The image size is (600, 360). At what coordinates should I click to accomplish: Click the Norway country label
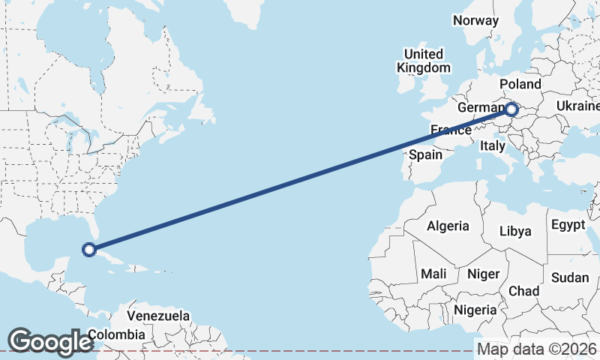[x=476, y=21]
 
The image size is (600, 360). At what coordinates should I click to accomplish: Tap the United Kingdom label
[x=424, y=61]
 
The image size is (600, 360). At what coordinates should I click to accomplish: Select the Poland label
[x=520, y=84]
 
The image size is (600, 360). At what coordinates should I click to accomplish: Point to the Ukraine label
[x=577, y=107]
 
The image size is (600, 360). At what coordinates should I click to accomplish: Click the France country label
[x=451, y=130]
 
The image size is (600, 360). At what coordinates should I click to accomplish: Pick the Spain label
[x=425, y=155]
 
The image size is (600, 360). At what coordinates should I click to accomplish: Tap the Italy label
[x=493, y=146]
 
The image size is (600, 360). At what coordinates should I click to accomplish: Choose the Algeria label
[x=448, y=226]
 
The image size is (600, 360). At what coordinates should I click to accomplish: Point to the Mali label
[x=434, y=274]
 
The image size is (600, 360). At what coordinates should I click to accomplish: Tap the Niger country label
[x=483, y=274]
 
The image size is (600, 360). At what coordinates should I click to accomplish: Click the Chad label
[x=523, y=290]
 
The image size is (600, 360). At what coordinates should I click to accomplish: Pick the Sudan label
[x=570, y=277]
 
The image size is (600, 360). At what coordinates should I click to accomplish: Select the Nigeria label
[x=476, y=309]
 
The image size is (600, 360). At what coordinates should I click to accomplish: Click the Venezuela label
[x=158, y=316]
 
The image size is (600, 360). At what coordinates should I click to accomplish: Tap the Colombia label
[x=116, y=334]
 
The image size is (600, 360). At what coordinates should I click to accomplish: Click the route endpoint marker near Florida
[x=88, y=250]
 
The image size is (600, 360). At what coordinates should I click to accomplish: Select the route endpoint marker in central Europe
[x=511, y=110]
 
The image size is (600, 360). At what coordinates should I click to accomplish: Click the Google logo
[x=49, y=342]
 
